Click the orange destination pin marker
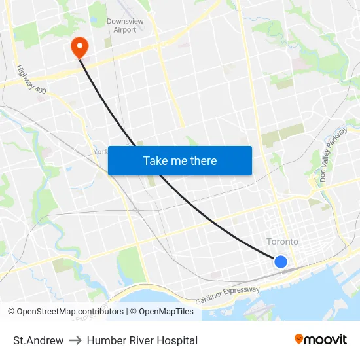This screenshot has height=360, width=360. pyautogui.click(x=79, y=45)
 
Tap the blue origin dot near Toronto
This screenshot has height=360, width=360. pyautogui.click(x=280, y=262)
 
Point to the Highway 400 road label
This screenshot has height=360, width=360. pyautogui.click(x=31, y=79)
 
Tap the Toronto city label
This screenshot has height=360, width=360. pyautogui.click(x=282, y=242)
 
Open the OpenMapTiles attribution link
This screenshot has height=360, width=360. pyautogui.click(x=166, y=312)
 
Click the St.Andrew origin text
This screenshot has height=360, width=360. pyautogui.click(x=39, y=340)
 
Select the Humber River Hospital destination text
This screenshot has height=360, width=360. pyautogui.click(x=142, y=340)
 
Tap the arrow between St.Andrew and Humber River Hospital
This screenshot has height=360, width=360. pyautogui.click(x=75, y=340)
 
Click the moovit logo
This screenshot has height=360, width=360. pyautogui.click(x=320, y=340)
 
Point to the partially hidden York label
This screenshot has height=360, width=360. pyautogui.click(x=101, y=151)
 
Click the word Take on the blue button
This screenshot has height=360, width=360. pyautogui.click(x=155, y=161)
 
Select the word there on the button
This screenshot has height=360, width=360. pyautogui.click(x=203, y=161)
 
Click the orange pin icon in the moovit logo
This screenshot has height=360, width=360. pyautogui.click(x=298, y=339)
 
